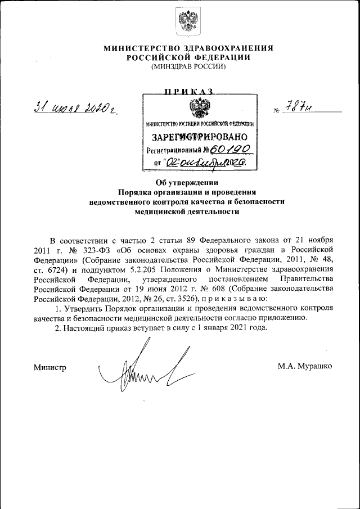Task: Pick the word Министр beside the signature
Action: pyautogui.click(x=49, y=367)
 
